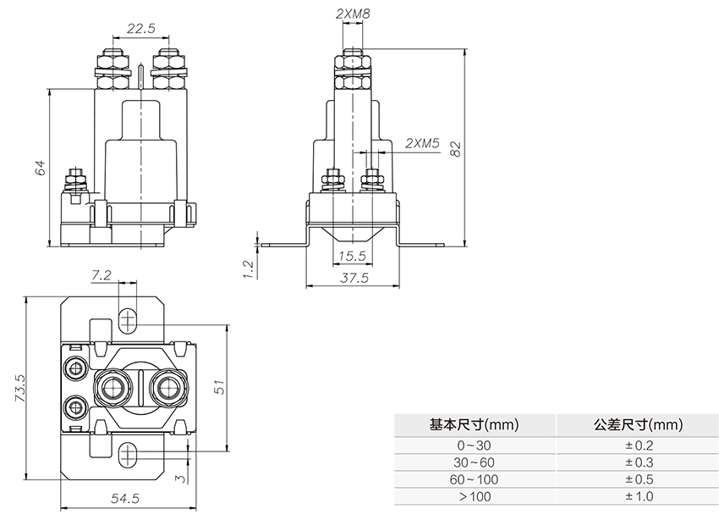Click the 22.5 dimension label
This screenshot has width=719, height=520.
pyautogui.click(x=140, y=28)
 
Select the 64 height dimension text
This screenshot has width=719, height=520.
pyautogui.click(x=40, y=167)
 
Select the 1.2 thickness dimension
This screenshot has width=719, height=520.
pyautogui.click(x=248, y=268)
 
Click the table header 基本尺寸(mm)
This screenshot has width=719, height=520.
pyautogui.click(x=474, y=425)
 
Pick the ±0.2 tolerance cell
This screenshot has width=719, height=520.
pyautogui.click(x=639, y=445)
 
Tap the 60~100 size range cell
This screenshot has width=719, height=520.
pyautogui.click(x=474, y=479)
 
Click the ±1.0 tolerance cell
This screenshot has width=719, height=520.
pyautogui.click(x=639, y=496)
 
